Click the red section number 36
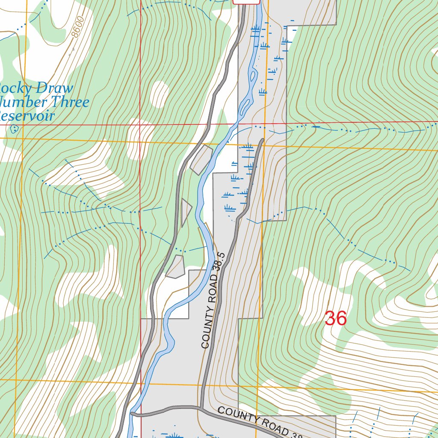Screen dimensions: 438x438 click(335, 318)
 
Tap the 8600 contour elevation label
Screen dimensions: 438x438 click(77, 28)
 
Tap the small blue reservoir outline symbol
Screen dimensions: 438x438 click(14, 128)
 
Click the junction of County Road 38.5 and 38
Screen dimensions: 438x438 click(201, 407)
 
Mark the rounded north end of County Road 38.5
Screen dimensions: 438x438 click(262, 141)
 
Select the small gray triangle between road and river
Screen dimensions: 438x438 click(186, 210)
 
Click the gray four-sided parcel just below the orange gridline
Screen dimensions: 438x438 click(201, 160)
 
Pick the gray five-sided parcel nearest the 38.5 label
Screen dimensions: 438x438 click(176, 266)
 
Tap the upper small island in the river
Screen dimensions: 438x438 click(253, 77)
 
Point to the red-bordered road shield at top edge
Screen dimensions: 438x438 click(246, 2)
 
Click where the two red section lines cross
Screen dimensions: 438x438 click(140, 126)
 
